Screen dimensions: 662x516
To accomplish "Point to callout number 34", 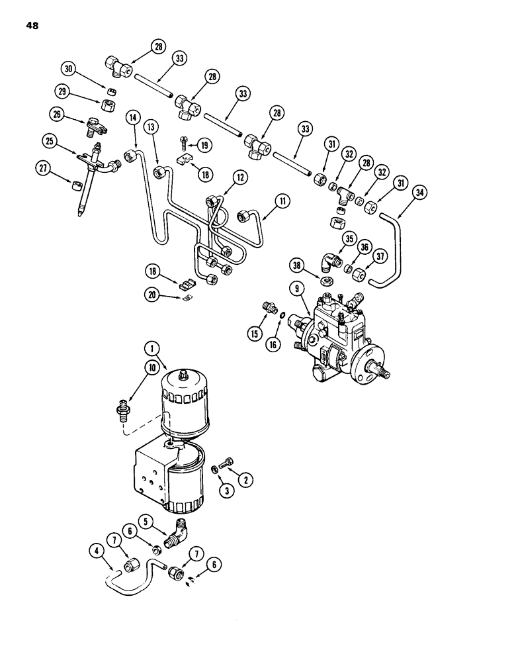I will (419, 193).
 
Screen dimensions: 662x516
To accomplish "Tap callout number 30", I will (68, 68).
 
